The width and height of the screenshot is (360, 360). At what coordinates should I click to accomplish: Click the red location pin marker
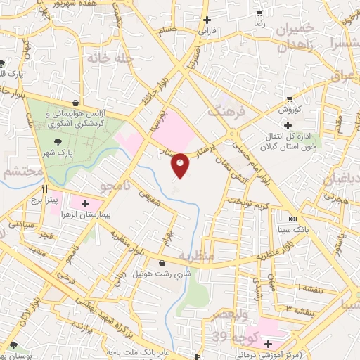click(180, 165)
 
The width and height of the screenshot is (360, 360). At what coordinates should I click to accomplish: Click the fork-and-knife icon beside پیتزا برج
click(45, 189)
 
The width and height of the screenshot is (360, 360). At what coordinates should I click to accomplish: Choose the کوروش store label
click(289, 110)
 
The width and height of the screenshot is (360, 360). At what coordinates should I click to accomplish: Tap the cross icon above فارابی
click(206, 21)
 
